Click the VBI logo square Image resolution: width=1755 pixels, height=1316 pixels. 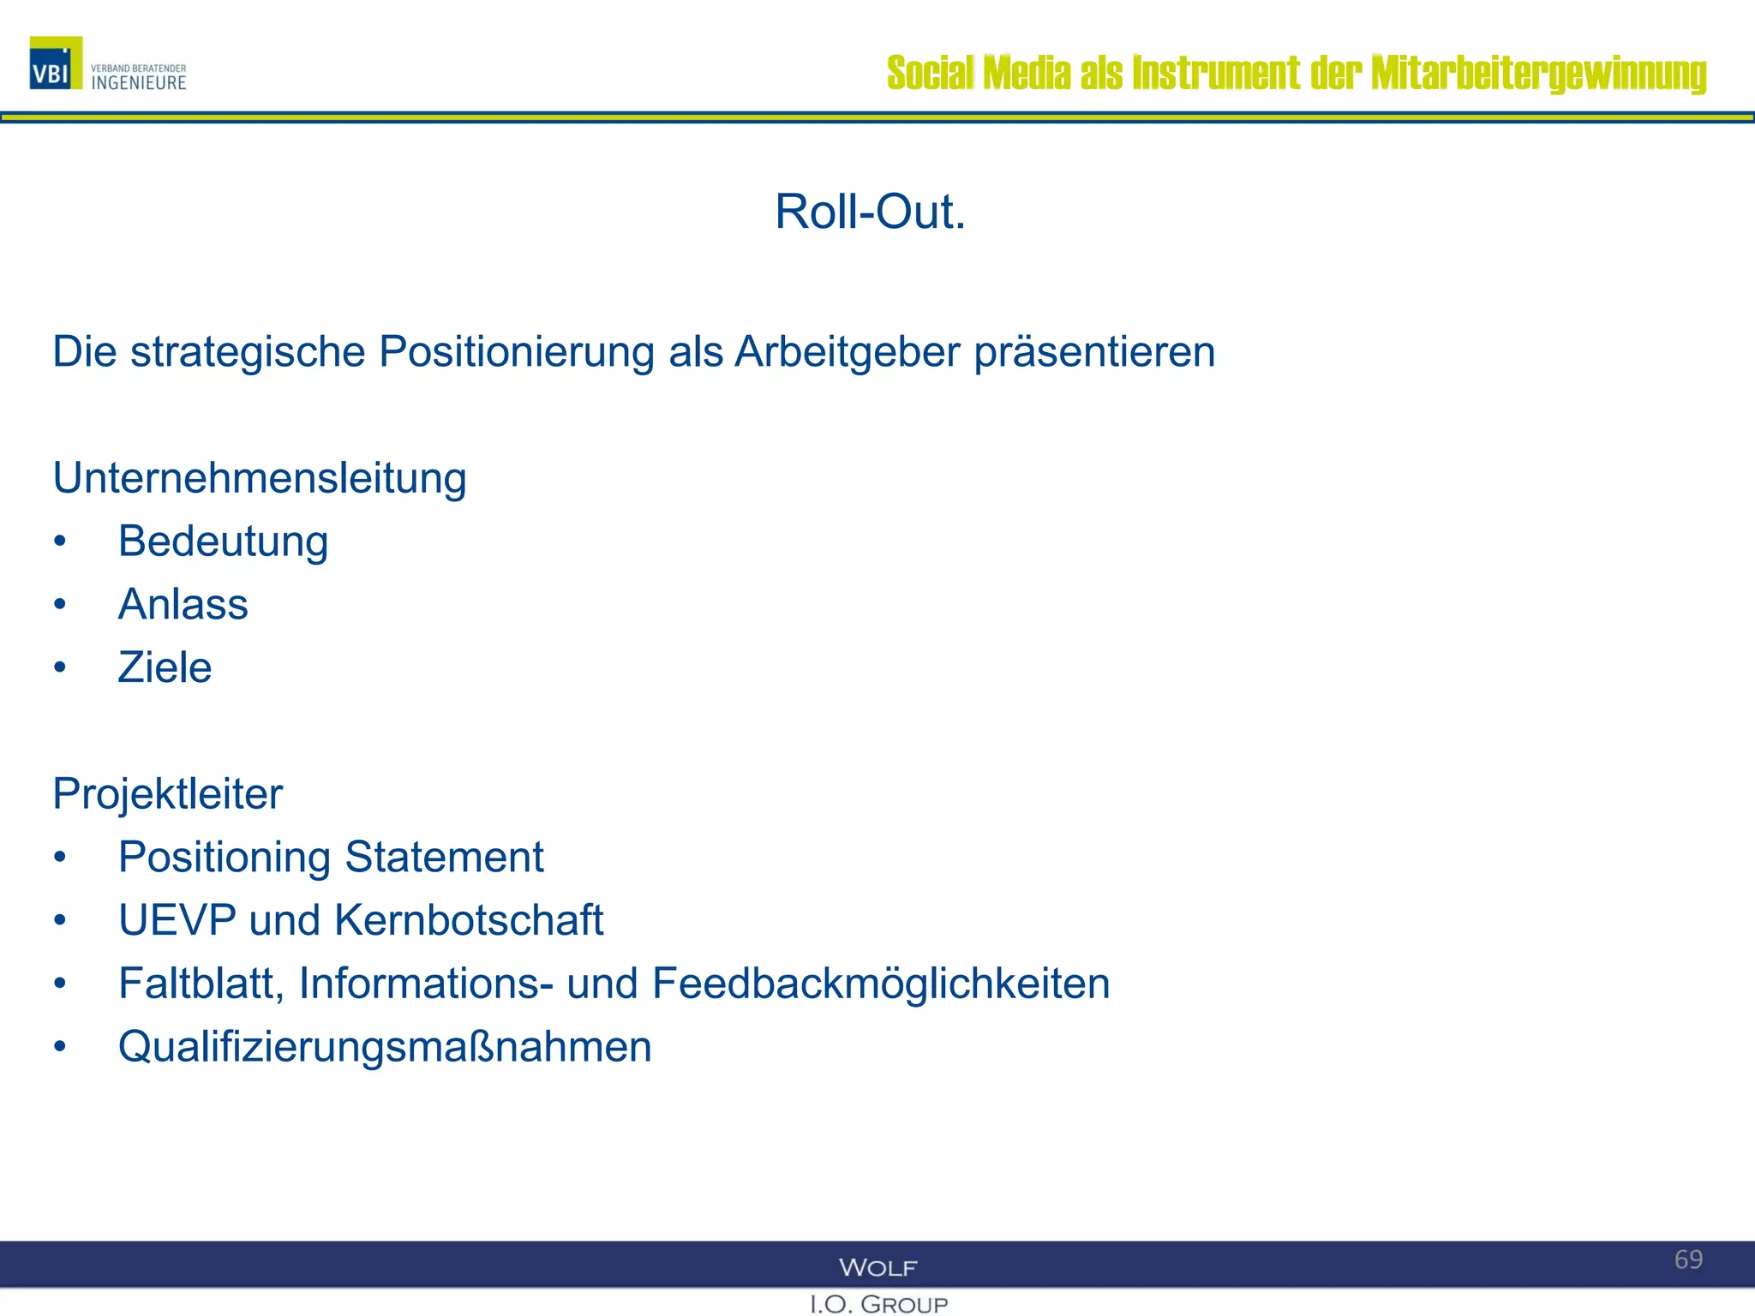56,63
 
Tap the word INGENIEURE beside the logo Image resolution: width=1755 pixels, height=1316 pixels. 139,83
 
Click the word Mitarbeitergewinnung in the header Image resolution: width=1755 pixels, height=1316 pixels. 1538,74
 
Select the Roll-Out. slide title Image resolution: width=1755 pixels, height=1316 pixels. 870,212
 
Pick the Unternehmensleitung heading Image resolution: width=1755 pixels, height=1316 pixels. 260,478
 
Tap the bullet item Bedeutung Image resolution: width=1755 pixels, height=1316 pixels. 223,542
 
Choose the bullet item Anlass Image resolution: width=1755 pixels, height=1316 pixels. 183,605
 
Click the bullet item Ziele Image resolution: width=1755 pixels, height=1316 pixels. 165,667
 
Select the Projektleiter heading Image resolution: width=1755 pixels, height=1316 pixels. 168,794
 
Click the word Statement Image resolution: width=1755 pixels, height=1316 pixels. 444,858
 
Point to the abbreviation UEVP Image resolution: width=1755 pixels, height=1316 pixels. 177,920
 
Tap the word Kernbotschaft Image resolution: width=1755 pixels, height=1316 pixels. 469,920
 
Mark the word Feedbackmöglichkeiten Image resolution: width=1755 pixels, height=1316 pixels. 881,984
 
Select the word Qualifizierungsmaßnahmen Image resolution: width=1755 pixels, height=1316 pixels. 385,1047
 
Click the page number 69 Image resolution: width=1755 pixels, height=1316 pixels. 1688,1259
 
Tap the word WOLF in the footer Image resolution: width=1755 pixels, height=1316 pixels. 878,1267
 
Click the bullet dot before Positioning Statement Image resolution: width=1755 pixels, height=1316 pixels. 59,858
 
